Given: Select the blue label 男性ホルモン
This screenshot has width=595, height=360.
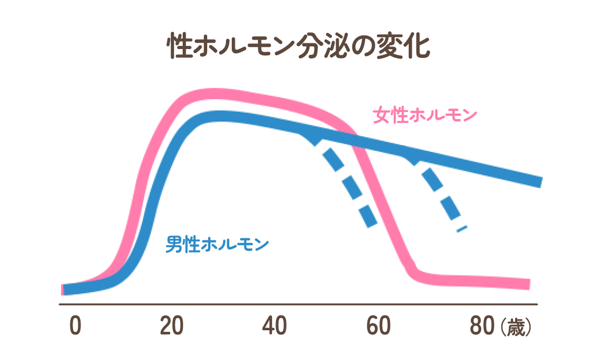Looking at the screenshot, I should (x=217, y=244).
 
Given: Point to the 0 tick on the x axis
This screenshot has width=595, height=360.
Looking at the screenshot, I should (x=75, y=327).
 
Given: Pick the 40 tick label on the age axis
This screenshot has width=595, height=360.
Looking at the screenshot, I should (x=275, y=327).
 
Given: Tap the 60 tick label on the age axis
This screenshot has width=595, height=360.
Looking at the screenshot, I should (x=378, y=327).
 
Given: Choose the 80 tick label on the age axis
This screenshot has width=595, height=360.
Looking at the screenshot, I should (x=482, y=327).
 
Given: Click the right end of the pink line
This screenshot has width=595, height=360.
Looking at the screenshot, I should (x=529, y=284).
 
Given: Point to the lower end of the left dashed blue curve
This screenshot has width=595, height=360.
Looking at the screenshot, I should (x=371, y=222).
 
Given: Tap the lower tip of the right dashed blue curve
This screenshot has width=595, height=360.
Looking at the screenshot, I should (x=461, y=228).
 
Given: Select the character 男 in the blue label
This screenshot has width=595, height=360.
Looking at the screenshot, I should (x=173, y=244).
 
